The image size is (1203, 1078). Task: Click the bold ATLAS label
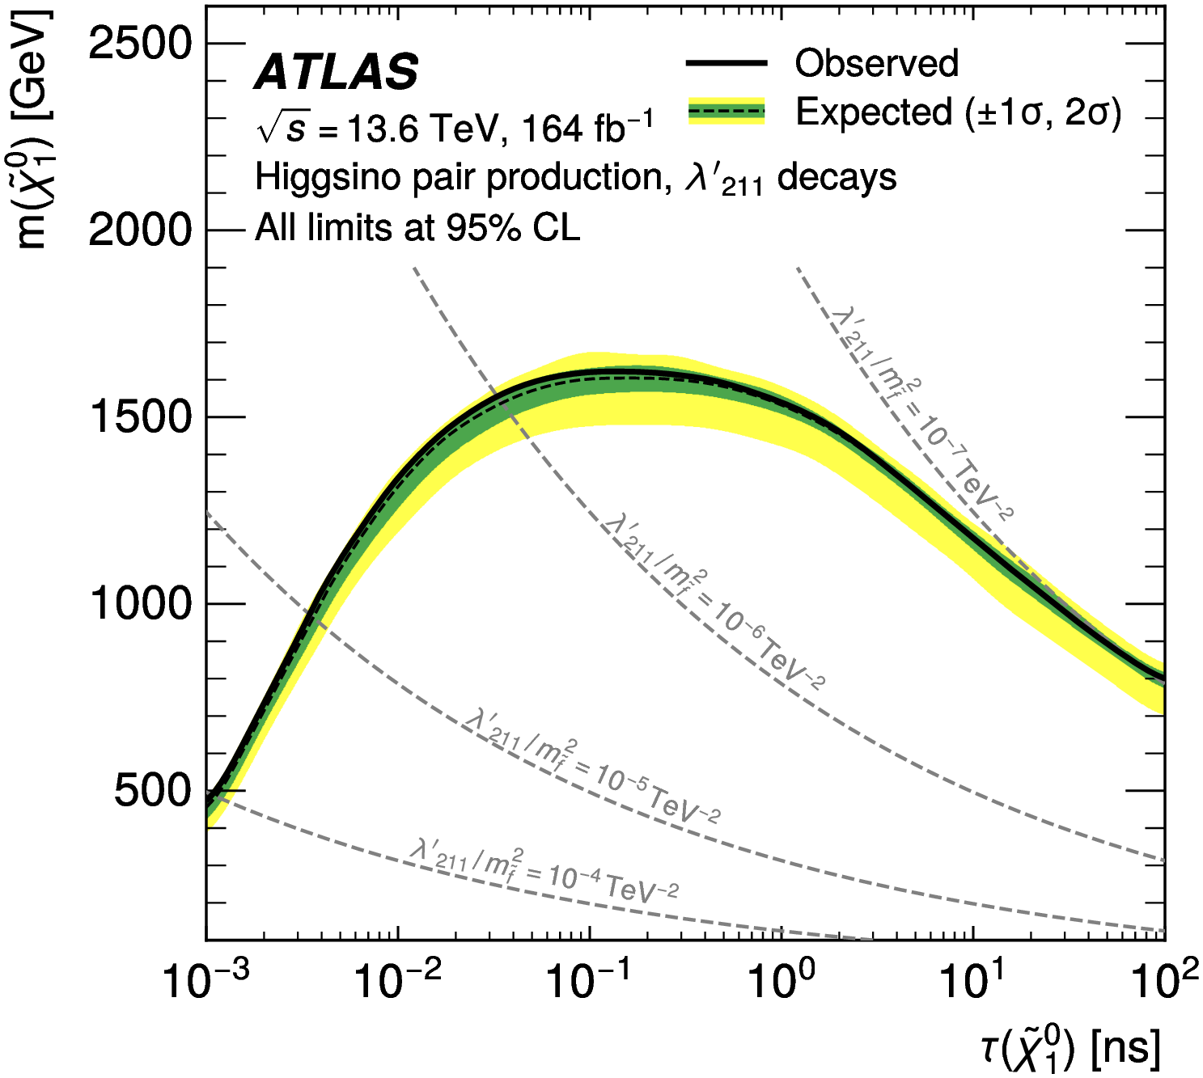(337, 72)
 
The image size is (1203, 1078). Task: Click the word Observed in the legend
(876, 63)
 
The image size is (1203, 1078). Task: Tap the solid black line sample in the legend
(726, 63)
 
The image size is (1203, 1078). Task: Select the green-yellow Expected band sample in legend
(726, 111)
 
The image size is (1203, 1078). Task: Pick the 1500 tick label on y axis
(140, 417)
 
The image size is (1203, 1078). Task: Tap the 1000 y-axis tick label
(140, 604)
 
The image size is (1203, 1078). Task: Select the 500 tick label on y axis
(151, 791)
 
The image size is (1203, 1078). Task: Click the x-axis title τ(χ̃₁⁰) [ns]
(1070, 1049)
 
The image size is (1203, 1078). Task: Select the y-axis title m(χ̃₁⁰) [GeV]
(34, 129)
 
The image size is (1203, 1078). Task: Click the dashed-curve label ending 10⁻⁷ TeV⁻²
(922, 412)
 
